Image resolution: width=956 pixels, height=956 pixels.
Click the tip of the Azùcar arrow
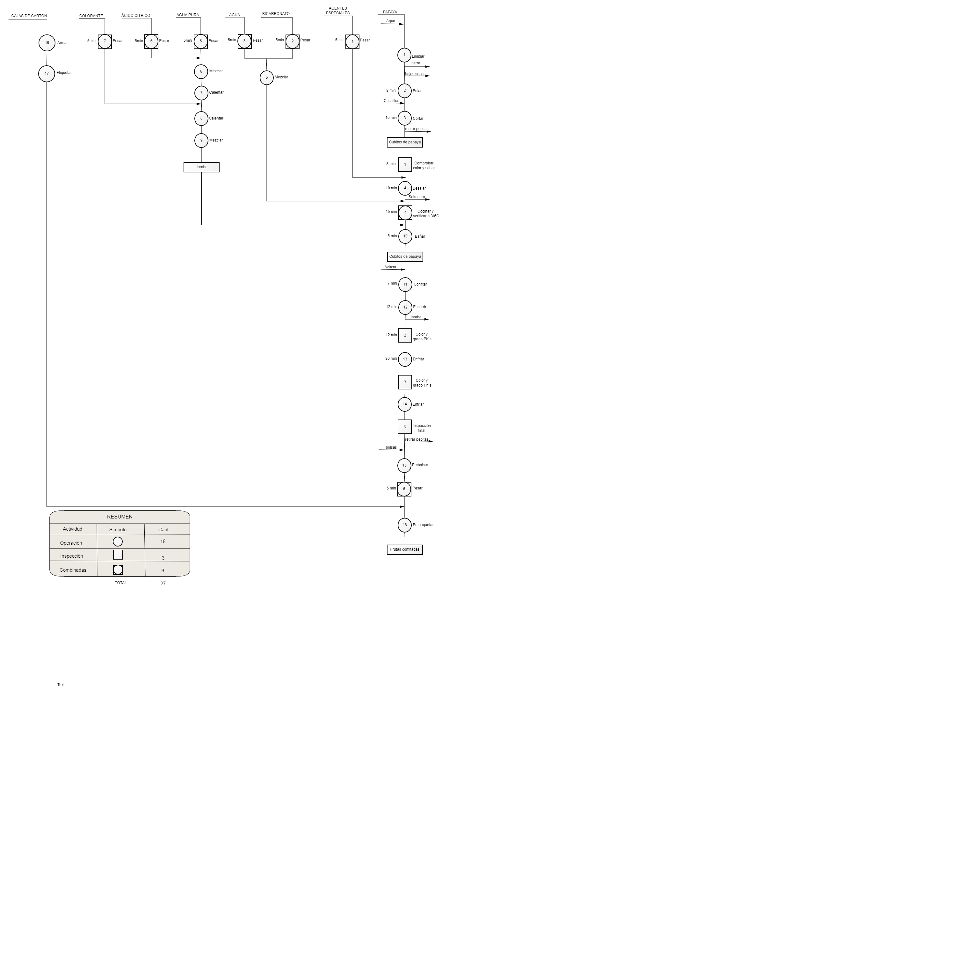point(405,270)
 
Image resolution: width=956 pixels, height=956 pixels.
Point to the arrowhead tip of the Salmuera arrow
point(430,199)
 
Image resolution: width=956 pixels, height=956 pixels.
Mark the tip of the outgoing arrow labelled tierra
point(430,66)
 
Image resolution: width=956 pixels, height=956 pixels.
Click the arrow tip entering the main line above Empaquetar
point(404,507)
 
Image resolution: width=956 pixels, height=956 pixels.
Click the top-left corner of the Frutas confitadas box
point(387,545)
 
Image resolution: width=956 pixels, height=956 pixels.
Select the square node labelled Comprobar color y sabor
point(405,164)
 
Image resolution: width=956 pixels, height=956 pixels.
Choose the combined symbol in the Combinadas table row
point(118,569)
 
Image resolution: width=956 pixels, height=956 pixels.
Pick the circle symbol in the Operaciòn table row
point(118,541)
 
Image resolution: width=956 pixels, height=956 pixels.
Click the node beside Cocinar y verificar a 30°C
point(405,213)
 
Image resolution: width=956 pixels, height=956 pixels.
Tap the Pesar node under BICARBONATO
point(293,41)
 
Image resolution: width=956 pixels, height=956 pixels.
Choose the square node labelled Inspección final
point(404,427)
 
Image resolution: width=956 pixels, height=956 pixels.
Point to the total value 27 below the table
point(163,583)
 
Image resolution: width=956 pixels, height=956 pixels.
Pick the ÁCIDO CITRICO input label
point(135,16)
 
